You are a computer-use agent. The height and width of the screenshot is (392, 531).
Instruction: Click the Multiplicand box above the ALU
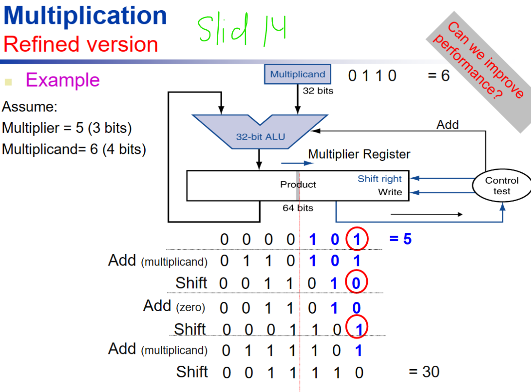(297, 74)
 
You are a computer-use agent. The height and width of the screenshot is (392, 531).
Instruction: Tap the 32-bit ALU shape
(260, 131)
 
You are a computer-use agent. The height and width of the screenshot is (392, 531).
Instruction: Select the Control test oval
(502, 186)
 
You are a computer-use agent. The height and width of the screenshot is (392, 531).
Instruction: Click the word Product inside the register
(298, 185)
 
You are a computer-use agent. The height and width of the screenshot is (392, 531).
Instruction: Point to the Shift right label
(379, 179)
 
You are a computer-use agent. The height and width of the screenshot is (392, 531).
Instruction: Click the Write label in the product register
(390, 192)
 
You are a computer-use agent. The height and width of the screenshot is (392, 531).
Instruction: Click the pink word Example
(63, 80)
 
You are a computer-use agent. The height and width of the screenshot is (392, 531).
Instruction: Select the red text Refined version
(80, 44)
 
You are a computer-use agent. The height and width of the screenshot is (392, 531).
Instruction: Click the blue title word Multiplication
(85, 16)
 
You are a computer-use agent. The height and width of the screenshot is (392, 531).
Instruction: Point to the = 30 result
(424, 372)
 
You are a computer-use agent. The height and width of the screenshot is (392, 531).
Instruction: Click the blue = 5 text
(400, 239)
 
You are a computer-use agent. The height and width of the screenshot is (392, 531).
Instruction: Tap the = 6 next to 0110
(438, 75)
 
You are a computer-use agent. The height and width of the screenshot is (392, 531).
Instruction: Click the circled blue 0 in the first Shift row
(356, 282)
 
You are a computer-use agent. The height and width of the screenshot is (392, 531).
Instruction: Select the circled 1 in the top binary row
(357, 239)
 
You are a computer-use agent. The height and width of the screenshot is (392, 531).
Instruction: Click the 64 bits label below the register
(298, 208)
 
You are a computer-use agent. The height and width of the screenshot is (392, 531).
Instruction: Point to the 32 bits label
(318, 91)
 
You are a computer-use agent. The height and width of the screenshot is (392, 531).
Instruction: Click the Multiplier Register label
(359, 154)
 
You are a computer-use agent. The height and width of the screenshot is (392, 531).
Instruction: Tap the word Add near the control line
(447, 125)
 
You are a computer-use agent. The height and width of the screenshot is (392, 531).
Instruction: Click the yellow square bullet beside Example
(8, 82)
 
